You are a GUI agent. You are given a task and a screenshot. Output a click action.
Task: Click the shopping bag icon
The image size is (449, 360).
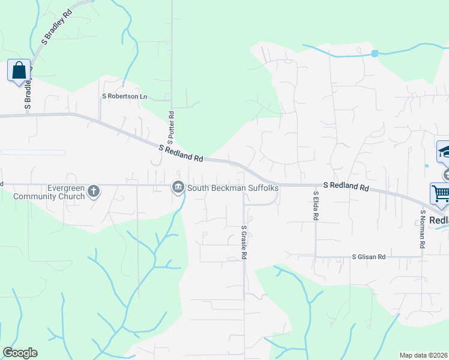coord(19,70)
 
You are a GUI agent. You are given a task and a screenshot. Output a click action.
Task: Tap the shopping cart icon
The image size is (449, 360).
coord(440,194)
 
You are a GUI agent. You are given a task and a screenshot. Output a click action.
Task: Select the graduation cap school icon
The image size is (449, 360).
coord(444,151)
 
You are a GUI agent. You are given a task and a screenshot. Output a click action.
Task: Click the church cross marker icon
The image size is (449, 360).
coord(93,191)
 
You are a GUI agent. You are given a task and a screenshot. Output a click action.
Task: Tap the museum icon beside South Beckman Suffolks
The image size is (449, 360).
coord(178,188)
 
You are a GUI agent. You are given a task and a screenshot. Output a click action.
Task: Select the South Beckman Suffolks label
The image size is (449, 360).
coord(234,188)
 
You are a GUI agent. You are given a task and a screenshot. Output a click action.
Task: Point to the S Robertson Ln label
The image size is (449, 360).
coord(124,96)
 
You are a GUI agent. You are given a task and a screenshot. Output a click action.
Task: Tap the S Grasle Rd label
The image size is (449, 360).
coord(244,242)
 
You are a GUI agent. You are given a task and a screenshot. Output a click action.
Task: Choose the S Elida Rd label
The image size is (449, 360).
coord(315,205)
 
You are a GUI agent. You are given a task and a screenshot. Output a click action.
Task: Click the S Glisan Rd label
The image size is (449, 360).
coord(369,257)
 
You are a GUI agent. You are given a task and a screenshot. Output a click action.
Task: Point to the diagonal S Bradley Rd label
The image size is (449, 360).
coord(56,27)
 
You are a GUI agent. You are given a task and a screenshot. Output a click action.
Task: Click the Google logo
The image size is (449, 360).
coord(20,353)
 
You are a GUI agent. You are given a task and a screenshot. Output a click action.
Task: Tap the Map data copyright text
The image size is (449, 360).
coord(424,355)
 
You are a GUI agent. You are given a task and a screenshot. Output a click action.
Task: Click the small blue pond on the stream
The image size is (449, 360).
coord(375,53)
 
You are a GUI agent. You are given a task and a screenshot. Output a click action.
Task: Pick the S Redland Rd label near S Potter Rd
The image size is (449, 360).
coord(181,152)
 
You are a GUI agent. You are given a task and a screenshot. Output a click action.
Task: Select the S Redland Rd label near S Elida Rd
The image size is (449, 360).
coord(346,187)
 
